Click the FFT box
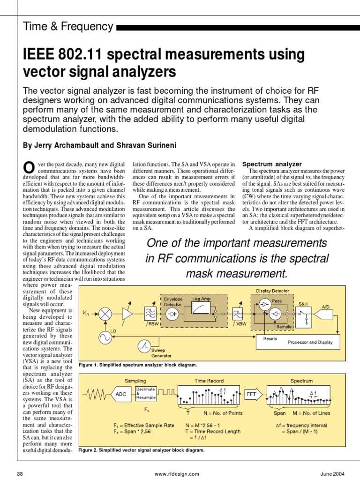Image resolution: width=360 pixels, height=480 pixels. [251, 394]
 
